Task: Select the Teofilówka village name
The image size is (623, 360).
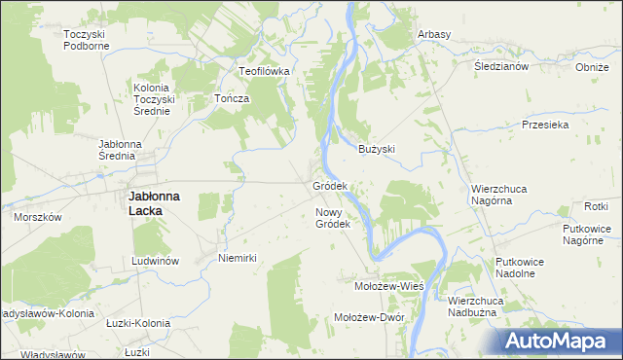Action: click(x=266, y=71)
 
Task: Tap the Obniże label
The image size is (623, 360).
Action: click(x=592, y=67)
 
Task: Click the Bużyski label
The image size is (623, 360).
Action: click(x=377, y=149)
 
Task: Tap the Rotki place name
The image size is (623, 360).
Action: click(x=596, y=206)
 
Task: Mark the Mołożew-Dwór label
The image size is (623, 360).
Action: click(x=369, y=317)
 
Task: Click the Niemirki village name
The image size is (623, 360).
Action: click(x=238, y=258)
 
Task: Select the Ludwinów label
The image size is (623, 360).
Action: click(x=157, y=262)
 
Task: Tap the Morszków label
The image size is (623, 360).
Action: click(x=38, y=217)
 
